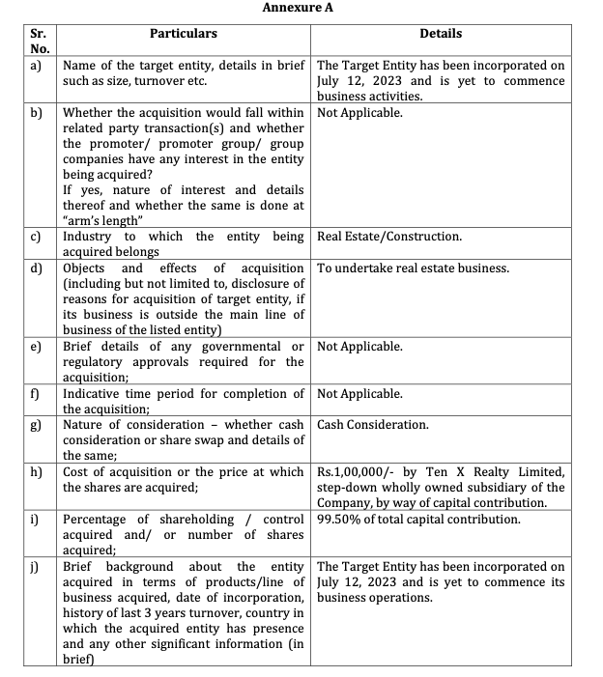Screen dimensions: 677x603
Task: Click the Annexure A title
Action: tap(301, 8)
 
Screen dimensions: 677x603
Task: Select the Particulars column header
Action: tap(184, 34)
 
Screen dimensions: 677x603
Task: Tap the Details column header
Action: tap(441, 34)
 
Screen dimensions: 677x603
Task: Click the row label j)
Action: tap(37, 566)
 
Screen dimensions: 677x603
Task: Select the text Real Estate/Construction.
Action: tap(388, 237)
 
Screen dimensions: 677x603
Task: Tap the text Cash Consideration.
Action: tap(372, 425)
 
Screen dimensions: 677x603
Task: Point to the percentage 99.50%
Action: tap(340, 520)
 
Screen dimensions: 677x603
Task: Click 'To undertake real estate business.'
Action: tap(413, 268)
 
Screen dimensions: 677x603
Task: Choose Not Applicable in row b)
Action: tap(359, 112)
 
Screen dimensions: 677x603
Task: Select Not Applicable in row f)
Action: tap(359, 394)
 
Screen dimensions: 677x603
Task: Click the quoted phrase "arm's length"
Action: tap(96, 220)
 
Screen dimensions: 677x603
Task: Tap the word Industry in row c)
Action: tap(87, 237)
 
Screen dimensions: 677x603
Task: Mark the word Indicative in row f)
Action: tap(94, 394)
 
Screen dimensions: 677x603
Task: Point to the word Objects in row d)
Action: tap(85, 268)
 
